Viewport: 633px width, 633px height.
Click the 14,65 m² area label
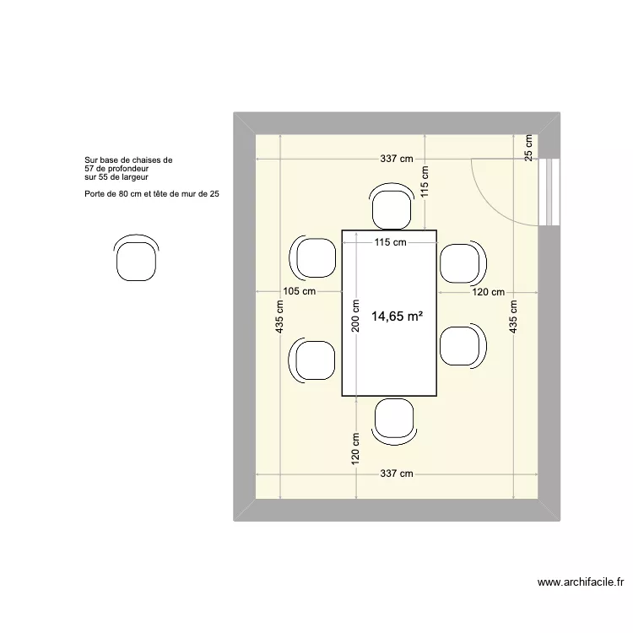pyautogui.click(x=397, y=316)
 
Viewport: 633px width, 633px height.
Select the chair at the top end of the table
pyautogui.click(x=393, y=208)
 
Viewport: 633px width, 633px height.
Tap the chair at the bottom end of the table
pyautogui.click(x=394, y=419)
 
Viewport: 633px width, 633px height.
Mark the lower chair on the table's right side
pyautogui.click(x=463, y=345)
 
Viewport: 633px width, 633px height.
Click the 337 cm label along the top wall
pyautogui.click(x=396, y=159)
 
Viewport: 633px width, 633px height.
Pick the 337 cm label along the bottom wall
pyautogui.click(x=396, y=473)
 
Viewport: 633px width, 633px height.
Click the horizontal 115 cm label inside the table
pyautogui.click(x=390, y=242)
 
